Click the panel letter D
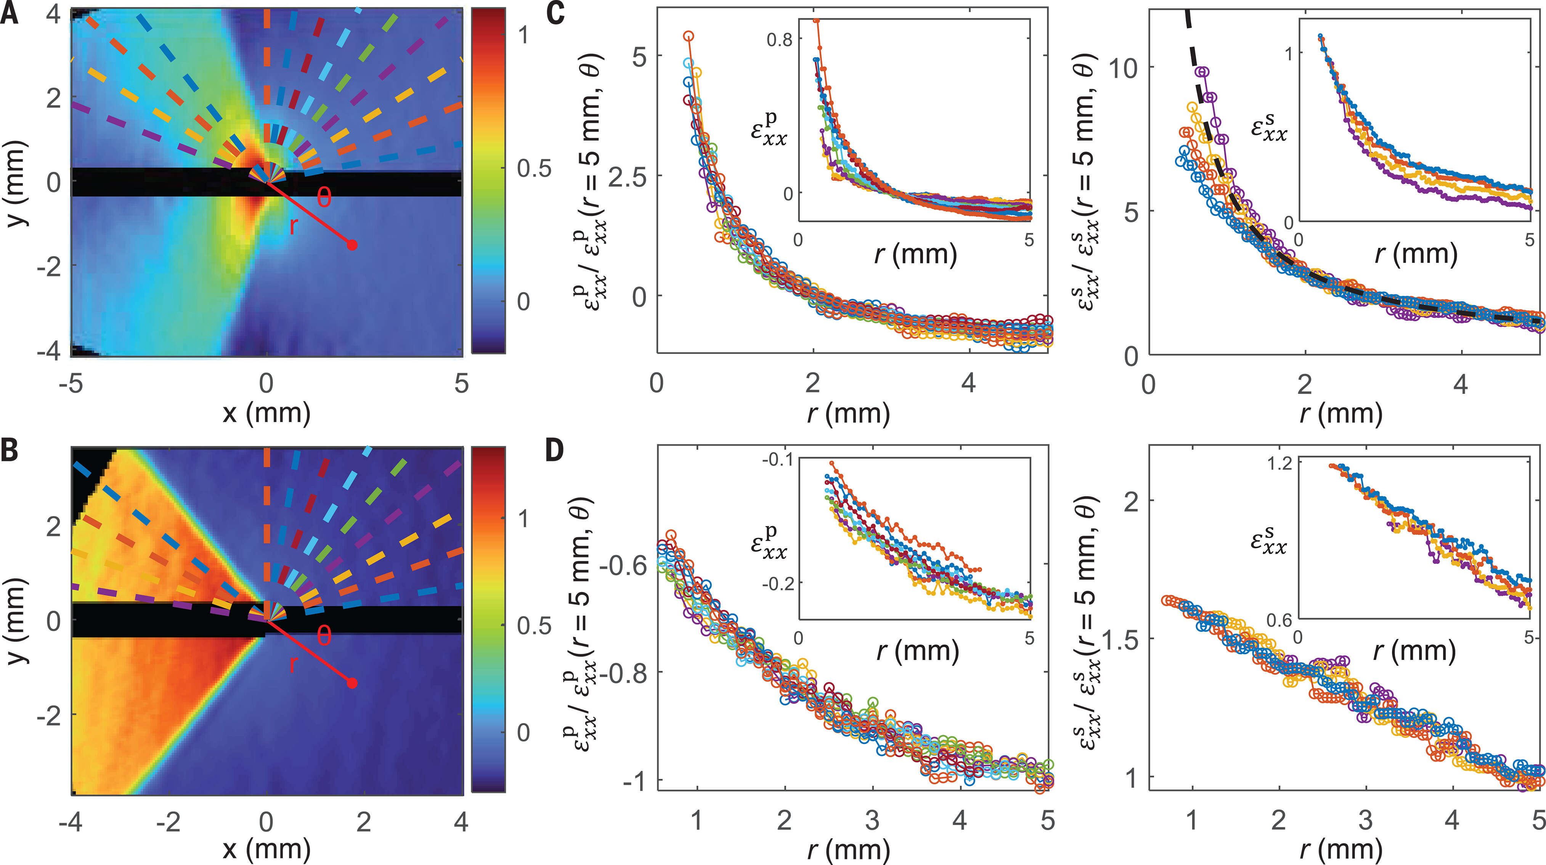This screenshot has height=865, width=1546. [x=555, y=450]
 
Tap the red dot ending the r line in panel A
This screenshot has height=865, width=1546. [x=352, y=245]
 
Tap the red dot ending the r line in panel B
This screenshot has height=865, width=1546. [x=352, y=683]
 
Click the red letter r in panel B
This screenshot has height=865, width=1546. [x=294, y=663]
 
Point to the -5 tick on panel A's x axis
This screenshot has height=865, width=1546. [x=71, y=384]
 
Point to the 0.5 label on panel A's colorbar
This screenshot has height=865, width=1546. [x=533, y=169]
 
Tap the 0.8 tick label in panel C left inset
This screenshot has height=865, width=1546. [x=780, y=40]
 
